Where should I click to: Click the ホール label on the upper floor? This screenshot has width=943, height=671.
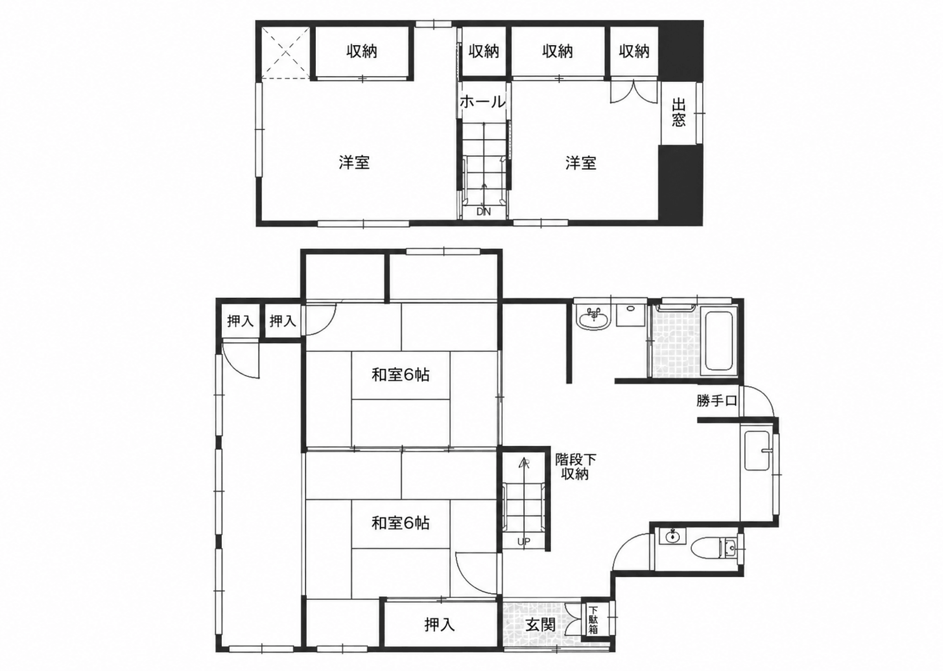point(482,102)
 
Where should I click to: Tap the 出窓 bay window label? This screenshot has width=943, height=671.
point(678,113)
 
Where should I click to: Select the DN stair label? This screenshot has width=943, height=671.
point(483,212)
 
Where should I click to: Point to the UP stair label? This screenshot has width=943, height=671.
point(524,542)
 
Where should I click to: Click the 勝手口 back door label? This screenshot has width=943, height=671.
point(717,401)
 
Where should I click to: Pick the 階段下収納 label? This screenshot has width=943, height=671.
point(575,467)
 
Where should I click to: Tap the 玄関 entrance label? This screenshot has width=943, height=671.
point(540,625)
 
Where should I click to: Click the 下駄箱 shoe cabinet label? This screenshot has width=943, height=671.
point(593,620)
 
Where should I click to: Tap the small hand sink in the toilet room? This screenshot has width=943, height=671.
point(672,537)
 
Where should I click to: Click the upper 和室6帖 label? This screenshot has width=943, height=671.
point(400,375)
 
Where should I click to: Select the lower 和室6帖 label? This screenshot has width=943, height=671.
point(400,523)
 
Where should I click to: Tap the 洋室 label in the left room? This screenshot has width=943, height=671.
point(354,162)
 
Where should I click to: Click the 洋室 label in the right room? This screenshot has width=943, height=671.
point(581,162)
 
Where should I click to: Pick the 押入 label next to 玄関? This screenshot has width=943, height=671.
point(439,625)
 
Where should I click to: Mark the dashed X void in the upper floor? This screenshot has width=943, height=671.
point(286,53)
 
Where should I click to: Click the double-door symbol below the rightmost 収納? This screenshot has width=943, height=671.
point(634,91)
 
